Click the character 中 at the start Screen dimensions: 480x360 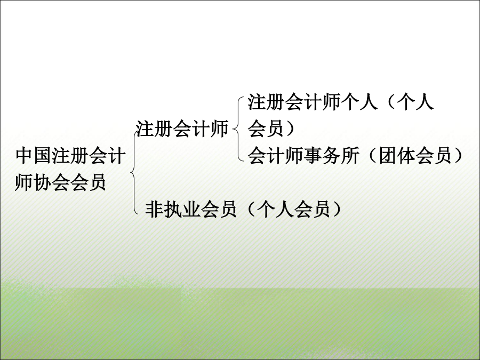24,156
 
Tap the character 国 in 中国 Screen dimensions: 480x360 43,156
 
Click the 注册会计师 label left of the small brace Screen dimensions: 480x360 182,129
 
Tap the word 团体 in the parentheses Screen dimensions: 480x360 397,156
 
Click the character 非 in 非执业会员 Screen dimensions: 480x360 154,210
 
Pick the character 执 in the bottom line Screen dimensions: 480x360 172,210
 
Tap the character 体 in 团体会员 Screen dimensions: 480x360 406,156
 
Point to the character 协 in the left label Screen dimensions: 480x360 43,182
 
